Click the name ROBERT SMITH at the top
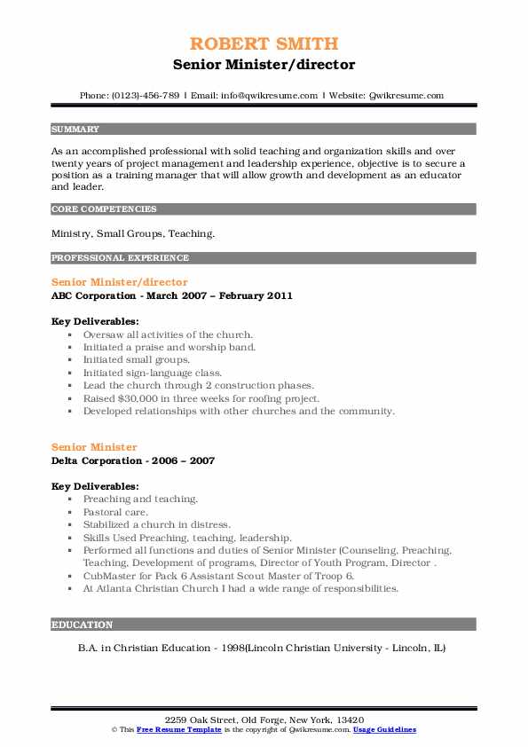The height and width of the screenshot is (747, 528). pos(264,43)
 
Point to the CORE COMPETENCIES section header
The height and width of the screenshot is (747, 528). pos(104,209)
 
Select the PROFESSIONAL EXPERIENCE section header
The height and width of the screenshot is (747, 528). pos(120,258)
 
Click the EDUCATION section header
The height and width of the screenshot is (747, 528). pos(83,625)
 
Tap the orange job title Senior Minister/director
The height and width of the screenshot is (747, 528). pos(120,282)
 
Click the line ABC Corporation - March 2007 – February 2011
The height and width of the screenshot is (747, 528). pos(172,295)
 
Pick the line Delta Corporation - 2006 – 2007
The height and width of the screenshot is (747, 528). pos(133,461)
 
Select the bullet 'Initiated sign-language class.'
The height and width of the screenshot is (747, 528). pos(153,373)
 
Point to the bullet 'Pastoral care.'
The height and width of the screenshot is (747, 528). pos(115,512)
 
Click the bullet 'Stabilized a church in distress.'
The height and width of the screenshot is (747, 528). pos(156,525)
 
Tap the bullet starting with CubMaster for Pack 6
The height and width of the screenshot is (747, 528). pos(218,576)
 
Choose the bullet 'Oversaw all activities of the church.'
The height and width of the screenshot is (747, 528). pos(169,334)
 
